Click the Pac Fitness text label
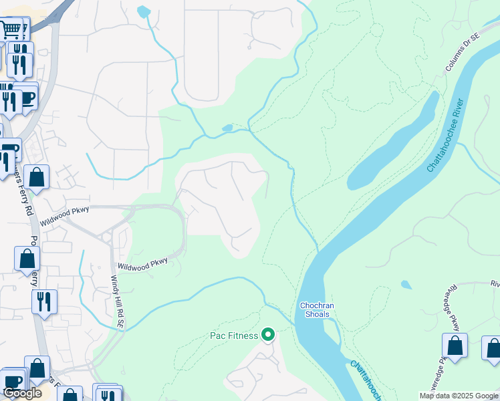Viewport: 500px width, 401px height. point(234,335)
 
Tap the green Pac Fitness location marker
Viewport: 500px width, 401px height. point(268,334)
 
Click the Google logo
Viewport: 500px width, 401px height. point(22,393)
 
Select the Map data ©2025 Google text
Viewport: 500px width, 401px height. point(459,395)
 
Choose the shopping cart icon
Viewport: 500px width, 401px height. point(11,29)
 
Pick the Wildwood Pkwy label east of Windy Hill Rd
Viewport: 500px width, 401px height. point(142,265)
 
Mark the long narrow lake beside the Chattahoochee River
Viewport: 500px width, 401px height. point(394,144)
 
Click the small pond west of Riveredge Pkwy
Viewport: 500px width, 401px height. point(406,285)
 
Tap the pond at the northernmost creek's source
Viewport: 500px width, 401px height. point(143,11)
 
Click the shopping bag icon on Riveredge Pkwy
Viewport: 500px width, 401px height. point(455,346)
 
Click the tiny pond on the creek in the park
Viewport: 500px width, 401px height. point(227,128)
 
